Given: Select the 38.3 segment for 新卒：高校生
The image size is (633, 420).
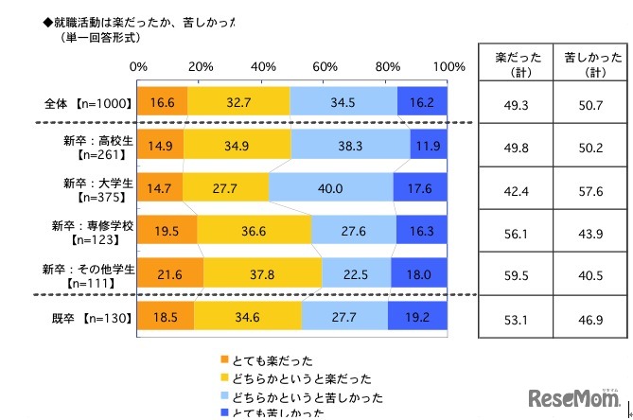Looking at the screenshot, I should [350, 144].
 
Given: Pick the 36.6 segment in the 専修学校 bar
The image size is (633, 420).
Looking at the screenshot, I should [254, 230].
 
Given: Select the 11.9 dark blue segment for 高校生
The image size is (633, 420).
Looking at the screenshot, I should [429, 144].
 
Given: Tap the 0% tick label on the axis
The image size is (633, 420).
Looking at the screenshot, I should [138, 67].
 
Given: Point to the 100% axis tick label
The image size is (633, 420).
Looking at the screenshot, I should [448, 67].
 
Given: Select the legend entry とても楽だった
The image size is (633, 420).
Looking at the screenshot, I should [270, 359].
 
